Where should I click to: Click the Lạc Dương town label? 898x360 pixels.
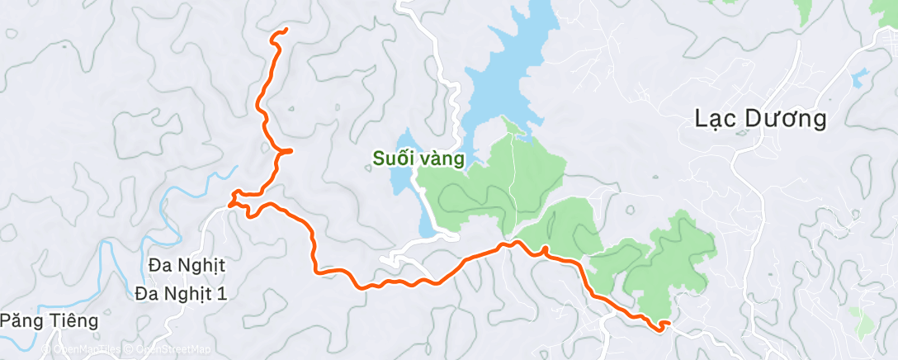(x=760, y=120)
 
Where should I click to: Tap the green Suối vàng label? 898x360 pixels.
(x=417, y=158)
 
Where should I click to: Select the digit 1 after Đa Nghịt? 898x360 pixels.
(x=220, y=293)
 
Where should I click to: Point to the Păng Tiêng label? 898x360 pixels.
(x=49, y=320)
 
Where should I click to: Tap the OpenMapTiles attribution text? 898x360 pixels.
(x=87, y=350)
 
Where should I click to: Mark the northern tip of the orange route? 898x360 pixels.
(x=285, y=31)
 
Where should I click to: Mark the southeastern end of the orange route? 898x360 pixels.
(x=659, y=328)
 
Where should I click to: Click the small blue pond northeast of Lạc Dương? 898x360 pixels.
(x=861, y=79)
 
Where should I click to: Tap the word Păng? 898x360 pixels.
(x=20, y=320)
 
